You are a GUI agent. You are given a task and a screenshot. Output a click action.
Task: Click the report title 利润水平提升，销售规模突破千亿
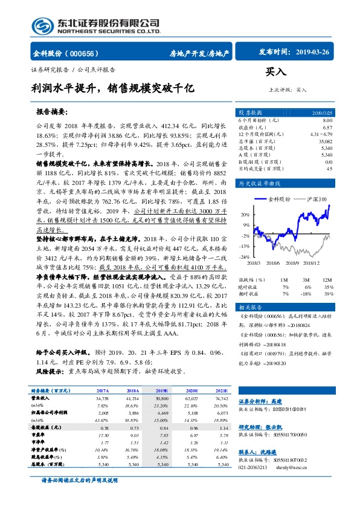113,88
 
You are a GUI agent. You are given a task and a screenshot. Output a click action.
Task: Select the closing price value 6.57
327,128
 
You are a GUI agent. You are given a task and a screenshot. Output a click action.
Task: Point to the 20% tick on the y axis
245,214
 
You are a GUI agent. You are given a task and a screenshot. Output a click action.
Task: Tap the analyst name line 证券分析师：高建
261,401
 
